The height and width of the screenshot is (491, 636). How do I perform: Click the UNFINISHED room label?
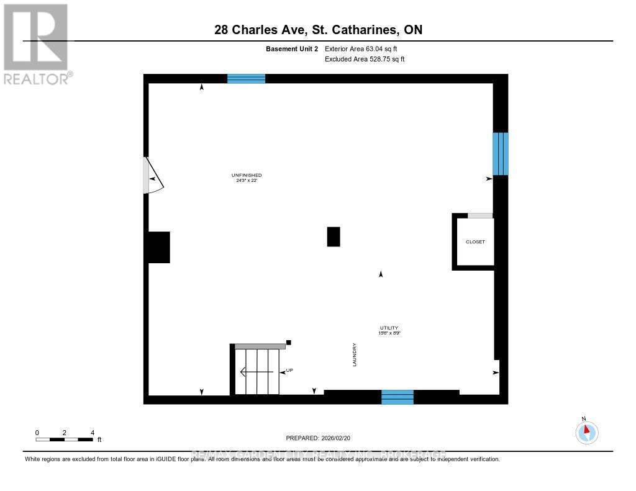tap(247, 176)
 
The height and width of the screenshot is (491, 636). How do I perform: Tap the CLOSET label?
tap(475, 241)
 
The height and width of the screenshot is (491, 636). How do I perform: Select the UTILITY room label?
tap(389, 328)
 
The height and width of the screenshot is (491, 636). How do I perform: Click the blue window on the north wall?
tap(246, 78)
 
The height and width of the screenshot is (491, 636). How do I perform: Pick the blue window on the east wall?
tap(501, 153)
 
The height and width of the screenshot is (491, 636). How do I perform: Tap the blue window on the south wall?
tap(397, 397)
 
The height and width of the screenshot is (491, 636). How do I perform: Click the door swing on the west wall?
tap(152, 176)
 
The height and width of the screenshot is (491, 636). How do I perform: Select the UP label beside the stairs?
tap(289, 371)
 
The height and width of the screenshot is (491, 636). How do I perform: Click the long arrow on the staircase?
tap(257, 372)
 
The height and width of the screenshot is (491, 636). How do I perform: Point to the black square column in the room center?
tap(334, 236)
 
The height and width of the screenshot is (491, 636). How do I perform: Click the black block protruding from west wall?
tap(158, 247)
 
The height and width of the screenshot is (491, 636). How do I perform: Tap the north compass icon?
tap(586, 431)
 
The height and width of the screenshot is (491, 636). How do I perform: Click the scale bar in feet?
tap(65, 439)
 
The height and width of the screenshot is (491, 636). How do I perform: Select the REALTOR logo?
tap(36, 43)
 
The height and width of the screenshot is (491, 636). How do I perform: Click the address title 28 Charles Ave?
tap(317, 29)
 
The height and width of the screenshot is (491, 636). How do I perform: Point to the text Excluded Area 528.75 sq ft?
tap(365, 60)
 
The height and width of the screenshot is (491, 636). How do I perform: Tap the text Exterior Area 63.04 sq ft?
tap(365, 48)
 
